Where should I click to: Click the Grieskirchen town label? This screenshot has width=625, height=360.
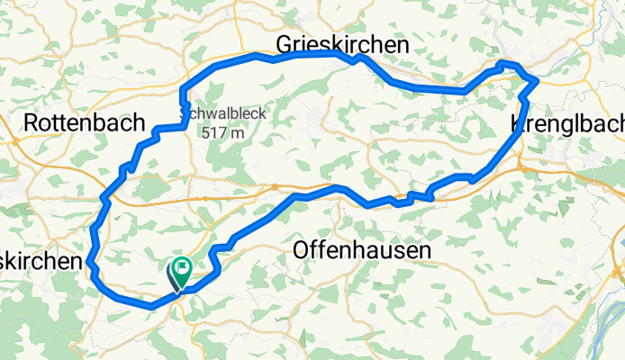pos(342,44)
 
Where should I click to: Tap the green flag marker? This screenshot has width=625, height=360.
pos(183,265)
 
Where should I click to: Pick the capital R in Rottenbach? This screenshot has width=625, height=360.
pos(33,121)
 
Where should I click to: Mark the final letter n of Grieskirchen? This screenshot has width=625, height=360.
pos(401,44)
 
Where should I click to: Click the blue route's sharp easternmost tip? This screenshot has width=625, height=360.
pos(538,80)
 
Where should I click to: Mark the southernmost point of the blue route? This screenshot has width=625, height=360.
pos(149,306)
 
